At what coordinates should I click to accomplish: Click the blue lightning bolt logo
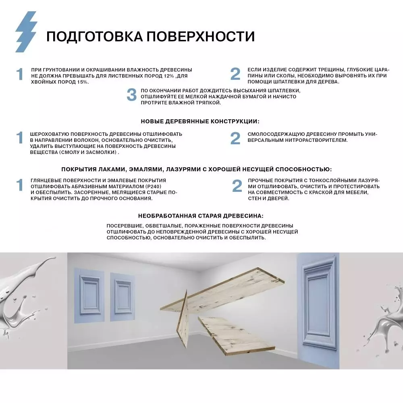[26, 31]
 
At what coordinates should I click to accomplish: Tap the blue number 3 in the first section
[132, 95]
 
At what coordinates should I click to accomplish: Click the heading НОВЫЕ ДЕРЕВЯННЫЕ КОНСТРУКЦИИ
[200, 121]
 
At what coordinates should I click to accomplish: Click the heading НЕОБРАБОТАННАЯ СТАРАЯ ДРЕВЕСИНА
[200, 216]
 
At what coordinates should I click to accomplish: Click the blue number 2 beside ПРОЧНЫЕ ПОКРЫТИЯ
[237, 186]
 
